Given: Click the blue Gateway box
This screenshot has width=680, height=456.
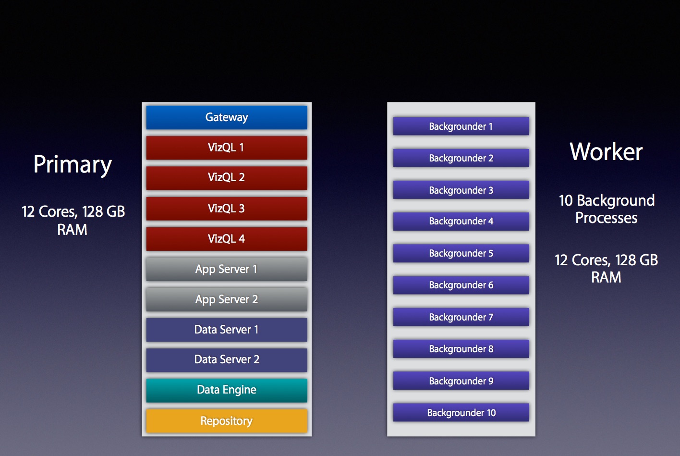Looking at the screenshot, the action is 227,117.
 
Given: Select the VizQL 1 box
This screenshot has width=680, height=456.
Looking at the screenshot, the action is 227,148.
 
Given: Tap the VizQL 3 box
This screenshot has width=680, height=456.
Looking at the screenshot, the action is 227,209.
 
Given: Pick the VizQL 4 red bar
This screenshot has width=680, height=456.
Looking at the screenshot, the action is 227,239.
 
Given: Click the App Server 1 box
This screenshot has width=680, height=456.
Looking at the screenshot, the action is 227,269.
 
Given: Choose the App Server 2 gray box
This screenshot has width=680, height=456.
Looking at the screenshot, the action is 227,299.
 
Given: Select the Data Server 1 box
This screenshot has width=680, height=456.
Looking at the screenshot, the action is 227,330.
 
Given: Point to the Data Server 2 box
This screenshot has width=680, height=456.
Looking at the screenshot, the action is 227,360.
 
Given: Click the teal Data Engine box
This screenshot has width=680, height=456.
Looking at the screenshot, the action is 227,390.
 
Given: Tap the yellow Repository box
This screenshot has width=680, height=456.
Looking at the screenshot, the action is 227,421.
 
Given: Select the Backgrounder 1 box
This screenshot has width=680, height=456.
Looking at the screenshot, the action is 461,126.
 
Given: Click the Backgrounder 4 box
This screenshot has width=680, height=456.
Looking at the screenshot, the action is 461,221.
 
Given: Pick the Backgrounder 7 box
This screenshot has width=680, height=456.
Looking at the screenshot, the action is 461,317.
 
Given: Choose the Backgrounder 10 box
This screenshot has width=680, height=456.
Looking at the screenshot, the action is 461,412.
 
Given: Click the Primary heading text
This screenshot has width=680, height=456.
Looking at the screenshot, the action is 73,165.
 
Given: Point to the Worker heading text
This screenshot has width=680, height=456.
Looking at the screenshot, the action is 606,151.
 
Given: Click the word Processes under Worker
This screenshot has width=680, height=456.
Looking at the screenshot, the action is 606,218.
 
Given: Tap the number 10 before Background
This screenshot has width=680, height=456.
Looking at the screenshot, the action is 566,200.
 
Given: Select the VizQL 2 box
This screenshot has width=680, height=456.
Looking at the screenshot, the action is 227,178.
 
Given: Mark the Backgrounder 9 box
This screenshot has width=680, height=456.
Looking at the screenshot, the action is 461,381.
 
